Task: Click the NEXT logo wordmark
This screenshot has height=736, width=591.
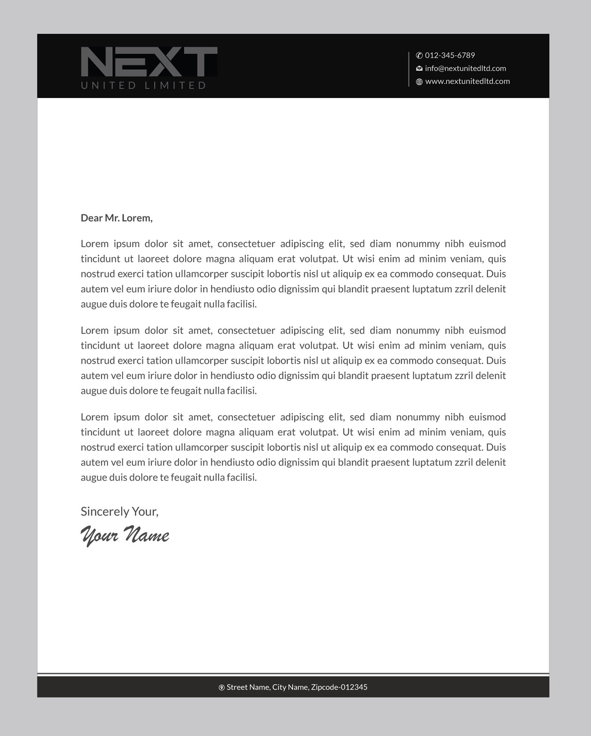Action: pyautogui.click(x=149, y=62)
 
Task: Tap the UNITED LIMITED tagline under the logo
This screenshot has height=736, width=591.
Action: pyautogui.click(x=143, y=85)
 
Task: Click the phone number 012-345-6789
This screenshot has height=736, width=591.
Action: pyautogui.click(x=450, y=55)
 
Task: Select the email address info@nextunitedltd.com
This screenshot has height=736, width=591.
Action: pyautogui.click(x=465, y=68)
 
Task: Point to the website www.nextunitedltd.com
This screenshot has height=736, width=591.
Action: pyautogui.click(x=467, y=81)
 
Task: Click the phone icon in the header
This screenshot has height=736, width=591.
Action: pyautogui.click(x=419, y=55)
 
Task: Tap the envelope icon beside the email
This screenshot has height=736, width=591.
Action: pyautogui.click(x=419, y=69)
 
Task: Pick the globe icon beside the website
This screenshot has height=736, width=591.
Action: pyautogui.click(x=419, y=82)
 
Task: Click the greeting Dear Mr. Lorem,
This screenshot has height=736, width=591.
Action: pyautogui.click(x=117, y=218)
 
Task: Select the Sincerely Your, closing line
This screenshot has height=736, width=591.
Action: pyautogui.click(x=120, y=511)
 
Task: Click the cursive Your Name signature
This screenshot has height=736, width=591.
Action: pyautogui.click(x=125, y=534)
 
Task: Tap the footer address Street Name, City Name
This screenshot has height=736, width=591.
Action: pyautogui.click(x=268, y=687)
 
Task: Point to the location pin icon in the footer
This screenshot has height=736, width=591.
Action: pyautogui.click(x=221, y=687)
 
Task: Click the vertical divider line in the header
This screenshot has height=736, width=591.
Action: pyautogui.click(x=409, y=69)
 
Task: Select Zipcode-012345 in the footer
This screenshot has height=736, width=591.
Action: pyautogui.click(x=339, y=687)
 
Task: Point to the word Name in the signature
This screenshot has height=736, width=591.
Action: pyautogui.click(x=147, y=534)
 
